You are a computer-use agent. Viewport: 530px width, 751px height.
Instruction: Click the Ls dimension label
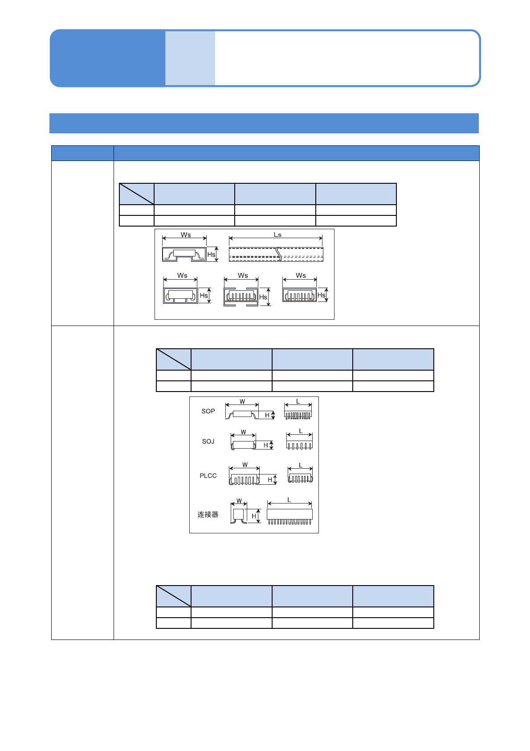click(x=277, y=235)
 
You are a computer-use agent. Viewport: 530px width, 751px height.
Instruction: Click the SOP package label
click(x=208, y=411)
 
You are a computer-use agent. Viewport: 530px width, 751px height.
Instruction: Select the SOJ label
click(x=208, y=442)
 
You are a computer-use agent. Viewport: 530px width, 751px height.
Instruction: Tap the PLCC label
click(x=208, y=476)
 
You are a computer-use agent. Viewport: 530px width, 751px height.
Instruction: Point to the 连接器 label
click(x=208, y=515)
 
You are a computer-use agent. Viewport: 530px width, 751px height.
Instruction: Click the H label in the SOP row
click(x=267, y=415)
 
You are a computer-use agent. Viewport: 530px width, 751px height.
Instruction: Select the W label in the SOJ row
click(x=243, y=432)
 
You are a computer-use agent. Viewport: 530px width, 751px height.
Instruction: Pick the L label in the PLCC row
click(x=301, y=466)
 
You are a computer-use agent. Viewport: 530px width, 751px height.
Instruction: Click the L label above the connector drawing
click(x=289, y=500)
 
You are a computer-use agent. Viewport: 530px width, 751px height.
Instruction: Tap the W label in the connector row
click(x=239, y=501)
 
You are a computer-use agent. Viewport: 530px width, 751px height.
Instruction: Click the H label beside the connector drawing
click(x=254, y=516)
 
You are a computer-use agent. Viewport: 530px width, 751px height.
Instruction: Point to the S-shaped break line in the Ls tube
click(x=279, y=254)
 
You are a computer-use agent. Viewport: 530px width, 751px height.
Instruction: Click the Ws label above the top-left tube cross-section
click(x=186, y=235)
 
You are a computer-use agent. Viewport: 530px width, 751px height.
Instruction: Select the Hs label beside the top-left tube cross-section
click(x=211, y=255)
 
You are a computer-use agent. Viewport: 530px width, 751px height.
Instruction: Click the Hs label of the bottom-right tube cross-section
click(x=321, y=295)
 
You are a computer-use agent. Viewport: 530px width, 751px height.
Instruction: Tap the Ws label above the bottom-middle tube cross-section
click(x=243, y=276)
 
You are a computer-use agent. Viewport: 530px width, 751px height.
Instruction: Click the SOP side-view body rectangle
click(x=242, y=414)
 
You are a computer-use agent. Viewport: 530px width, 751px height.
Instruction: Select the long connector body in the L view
click(x=289, y=514)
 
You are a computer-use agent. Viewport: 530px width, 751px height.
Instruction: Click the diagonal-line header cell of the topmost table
click(x=137, y=194)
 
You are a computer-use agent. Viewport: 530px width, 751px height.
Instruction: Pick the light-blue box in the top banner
click(x=190, y=58)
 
